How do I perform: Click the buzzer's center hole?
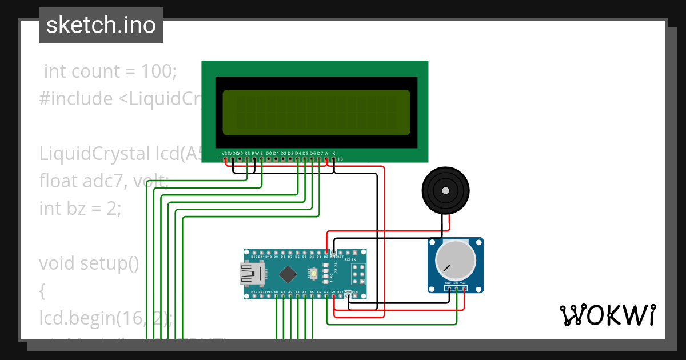445,190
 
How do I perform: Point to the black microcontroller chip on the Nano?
288,275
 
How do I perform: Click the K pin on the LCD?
334,159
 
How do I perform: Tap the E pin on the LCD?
262,159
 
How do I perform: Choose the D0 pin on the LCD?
269,159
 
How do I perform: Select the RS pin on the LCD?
247,159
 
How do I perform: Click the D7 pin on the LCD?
320,159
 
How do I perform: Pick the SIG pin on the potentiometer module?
456,288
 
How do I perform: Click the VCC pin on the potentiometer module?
464,288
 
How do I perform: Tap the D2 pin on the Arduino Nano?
326,252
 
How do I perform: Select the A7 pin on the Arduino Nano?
326,297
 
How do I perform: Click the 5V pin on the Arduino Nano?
334,297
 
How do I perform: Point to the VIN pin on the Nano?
355,297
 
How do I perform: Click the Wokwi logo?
607,315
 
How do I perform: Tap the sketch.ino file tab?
101,25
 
